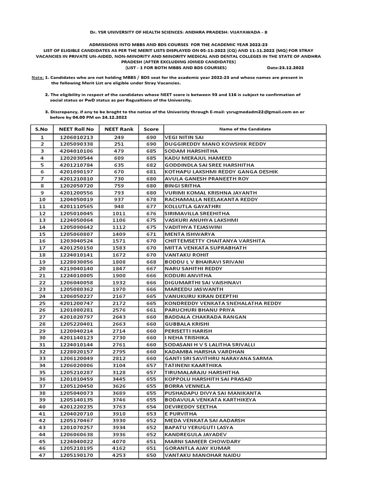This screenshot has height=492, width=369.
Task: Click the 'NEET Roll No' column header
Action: (76, 129)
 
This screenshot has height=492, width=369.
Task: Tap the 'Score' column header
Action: (151, 129)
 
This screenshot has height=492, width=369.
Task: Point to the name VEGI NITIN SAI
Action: (184, 137)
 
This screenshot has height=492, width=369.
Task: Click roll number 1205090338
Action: (76, 144)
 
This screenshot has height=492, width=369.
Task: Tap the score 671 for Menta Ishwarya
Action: (151, 234)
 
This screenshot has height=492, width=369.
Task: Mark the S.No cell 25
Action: (42, 303)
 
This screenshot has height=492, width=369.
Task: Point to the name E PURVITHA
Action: (181, 414)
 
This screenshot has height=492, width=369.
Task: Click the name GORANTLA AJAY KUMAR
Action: (195, 448)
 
